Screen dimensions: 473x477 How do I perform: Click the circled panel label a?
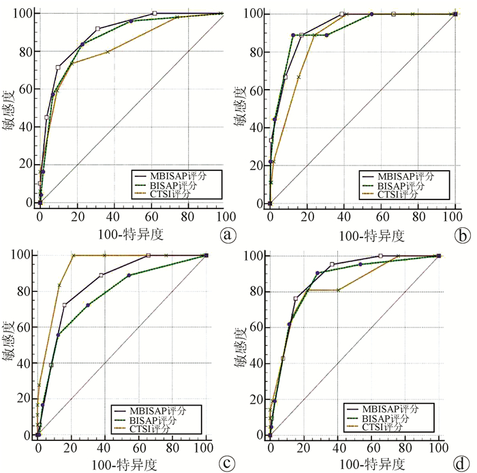(228, 235)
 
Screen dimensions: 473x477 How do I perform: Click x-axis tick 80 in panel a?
(186, 216)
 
